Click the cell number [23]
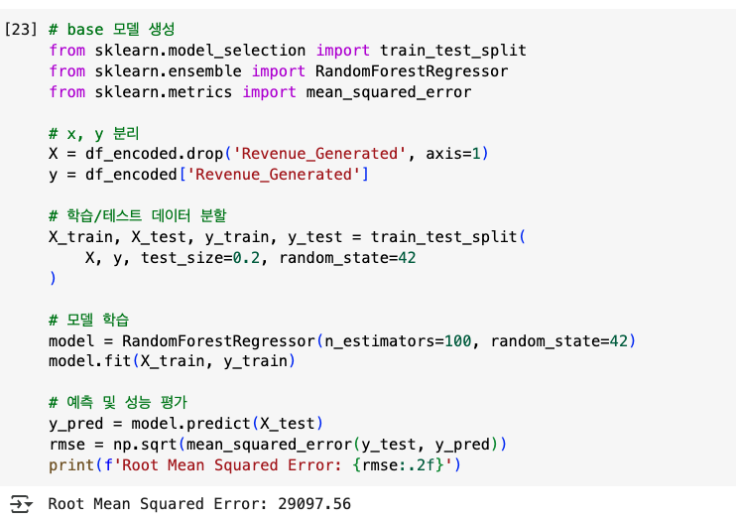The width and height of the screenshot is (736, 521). click(x=20, y=28)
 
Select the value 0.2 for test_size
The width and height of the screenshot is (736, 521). click(x=245, y=258)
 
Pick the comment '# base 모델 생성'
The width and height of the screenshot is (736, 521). click(x=111, y=28)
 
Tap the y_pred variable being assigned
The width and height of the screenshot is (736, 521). click(x=70, y=423)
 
